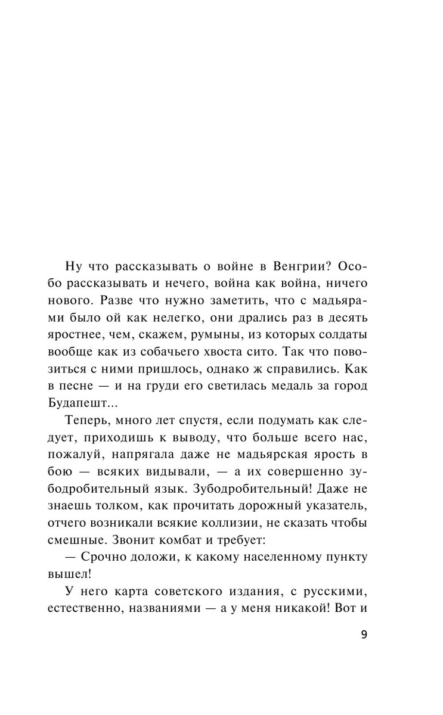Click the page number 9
(365, 633)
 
